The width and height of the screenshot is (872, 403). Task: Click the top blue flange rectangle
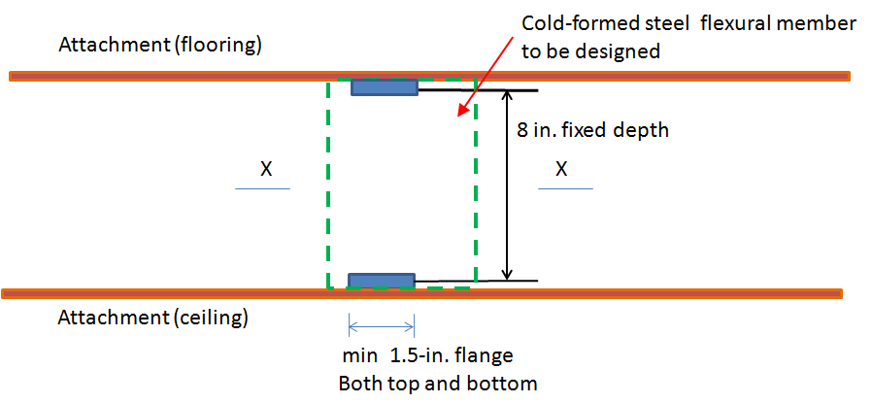[385, 87]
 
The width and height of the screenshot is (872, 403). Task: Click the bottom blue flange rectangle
[382, 281]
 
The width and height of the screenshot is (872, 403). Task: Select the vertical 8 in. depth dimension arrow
[506, 185]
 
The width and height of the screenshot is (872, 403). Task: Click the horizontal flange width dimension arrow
[382, 325]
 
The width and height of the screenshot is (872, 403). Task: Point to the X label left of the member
[266, 170]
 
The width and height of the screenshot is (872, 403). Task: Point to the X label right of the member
[561, 170]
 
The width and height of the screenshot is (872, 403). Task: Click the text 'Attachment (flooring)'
[160, 45]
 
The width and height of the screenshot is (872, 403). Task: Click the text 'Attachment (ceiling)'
[152, 319]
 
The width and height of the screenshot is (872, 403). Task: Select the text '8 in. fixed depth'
[592, 131]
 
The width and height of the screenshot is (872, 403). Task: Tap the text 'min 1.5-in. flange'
[427, 355]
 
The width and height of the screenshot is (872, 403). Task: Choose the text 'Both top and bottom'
[438, 384]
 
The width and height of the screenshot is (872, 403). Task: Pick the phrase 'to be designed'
[590, 51]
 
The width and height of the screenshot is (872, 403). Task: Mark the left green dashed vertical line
[328, 184]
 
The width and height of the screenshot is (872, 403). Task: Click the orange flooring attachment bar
[430, 76]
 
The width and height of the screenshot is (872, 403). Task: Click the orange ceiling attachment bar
[422, 293]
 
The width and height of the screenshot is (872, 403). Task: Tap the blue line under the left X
[262, 189]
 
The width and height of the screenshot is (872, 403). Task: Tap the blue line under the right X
[565, 189]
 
